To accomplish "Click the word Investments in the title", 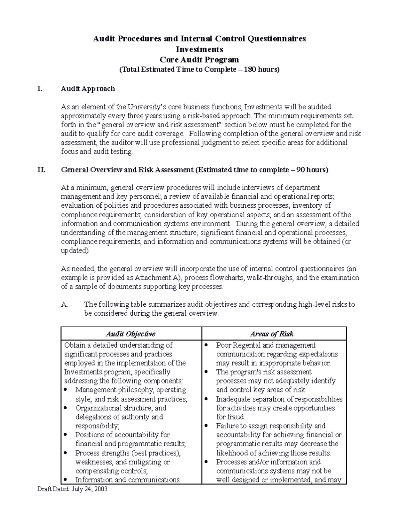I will [199, 49].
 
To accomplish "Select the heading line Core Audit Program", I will [199, 59].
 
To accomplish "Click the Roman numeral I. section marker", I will [40, 89].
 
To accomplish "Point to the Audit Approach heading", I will [88, 89].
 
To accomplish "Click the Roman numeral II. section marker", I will [41, 170].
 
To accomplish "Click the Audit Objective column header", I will [131, 334].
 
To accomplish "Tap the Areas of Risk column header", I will [272, 334].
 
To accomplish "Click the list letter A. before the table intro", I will [65, 304].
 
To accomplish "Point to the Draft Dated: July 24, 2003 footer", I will [72, 489].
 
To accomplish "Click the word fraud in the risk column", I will [236, 417].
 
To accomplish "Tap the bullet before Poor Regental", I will [206, 345].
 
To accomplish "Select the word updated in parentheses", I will [74, 251].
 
